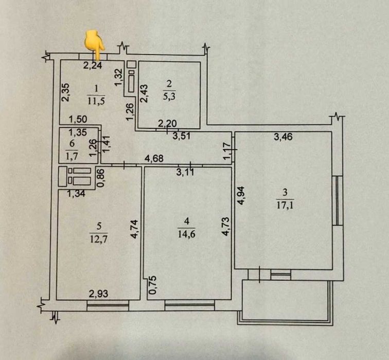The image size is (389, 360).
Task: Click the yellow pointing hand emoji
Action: coord(95,45)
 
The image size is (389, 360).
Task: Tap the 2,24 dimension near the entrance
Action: coord(93,65)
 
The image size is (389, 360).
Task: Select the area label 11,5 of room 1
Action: coord(96,101)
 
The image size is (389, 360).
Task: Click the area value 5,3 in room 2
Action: coord(169,96)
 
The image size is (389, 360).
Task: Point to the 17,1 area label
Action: coord(285,205)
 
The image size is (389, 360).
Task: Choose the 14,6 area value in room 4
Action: coord(187,234)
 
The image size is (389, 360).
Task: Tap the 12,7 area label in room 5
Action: coord(99,239)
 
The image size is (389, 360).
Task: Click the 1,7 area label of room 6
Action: coord(72,157)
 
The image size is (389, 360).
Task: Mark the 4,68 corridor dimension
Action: coord(154,159)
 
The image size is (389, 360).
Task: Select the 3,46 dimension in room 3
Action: coord(283,136)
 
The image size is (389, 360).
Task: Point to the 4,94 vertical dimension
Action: coord(241,196)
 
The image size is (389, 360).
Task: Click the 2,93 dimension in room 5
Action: coord(98,294)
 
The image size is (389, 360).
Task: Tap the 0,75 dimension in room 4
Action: coord(153,285)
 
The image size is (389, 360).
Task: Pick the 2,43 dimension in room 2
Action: coord(144,93)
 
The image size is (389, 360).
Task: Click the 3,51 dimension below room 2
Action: coord(182,136)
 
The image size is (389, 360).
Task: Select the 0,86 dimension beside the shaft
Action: coord(101,178)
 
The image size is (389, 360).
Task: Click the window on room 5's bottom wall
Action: coord(108,305)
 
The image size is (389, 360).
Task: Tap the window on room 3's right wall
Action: coord(338,201)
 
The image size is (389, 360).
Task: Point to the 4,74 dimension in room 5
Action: coord(134,229)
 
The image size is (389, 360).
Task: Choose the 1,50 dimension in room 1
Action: coord(78,119)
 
